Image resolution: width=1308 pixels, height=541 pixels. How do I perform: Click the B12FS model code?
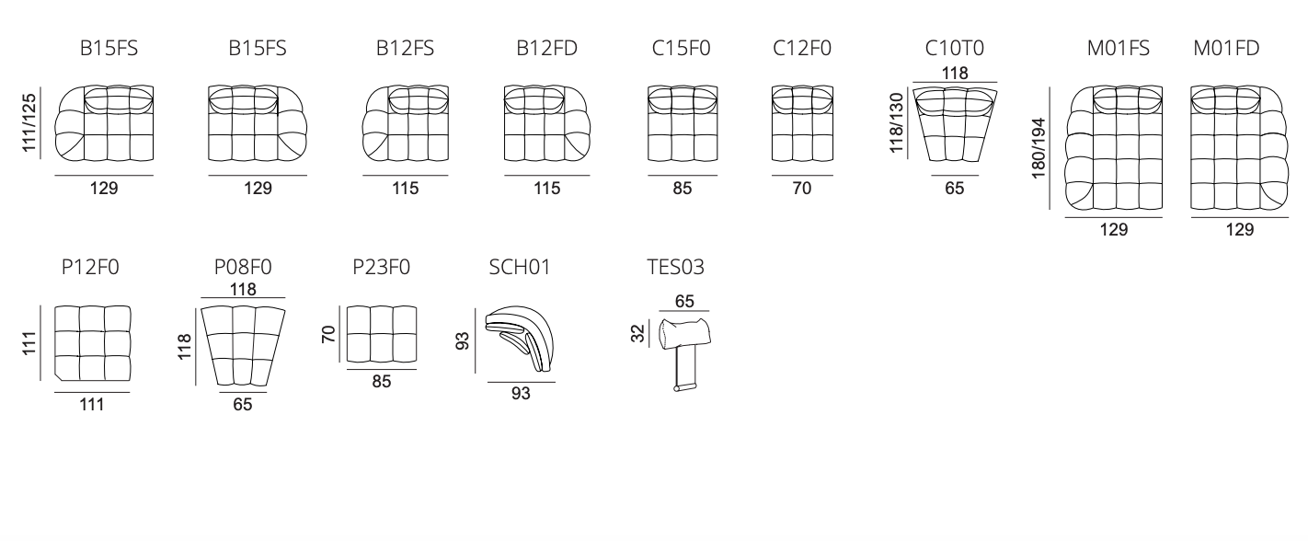[x=405, y=50]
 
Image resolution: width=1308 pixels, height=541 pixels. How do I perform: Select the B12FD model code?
[x=547, y=50]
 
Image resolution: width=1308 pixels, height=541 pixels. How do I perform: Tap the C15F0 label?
[x=681, y=50]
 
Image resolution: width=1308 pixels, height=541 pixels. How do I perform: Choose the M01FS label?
[x=1119, y=50]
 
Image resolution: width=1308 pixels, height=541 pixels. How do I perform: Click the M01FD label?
[x=1226, y=50]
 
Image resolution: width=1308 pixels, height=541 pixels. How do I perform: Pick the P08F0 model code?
[x=243, y=268]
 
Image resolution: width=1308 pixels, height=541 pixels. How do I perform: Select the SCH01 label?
[x=521, y=268]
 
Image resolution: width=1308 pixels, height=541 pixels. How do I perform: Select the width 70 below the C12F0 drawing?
[x=801, y=189]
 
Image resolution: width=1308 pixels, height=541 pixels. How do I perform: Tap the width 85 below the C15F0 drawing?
[x=682, y=189]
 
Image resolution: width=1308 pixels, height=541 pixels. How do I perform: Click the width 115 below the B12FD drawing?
[x=547, y=189]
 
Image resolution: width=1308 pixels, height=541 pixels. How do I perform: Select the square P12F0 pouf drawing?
[x=92, y=342]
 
